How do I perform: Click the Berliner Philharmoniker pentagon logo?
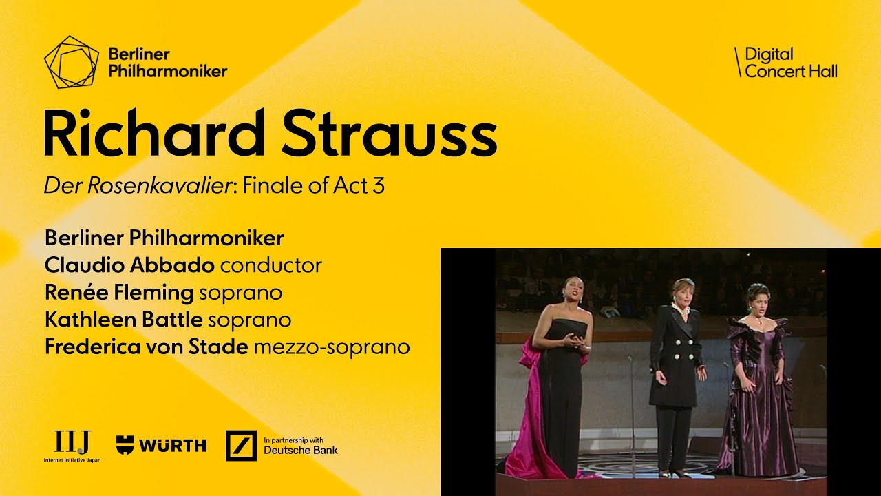[x=72, y=62]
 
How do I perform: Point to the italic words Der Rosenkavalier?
[x=137, y=186]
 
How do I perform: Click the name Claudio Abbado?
[x=129, y=265]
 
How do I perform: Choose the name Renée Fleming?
[x=119, y=292]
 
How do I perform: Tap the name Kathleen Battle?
[x=123, y=320]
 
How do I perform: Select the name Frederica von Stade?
[x=146, y=347]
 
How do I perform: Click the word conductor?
[x=271, y=265]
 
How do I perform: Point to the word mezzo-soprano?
[x=332, y=347]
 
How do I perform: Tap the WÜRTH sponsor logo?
[x=161, y=446]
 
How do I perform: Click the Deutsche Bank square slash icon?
[x=241, y=446]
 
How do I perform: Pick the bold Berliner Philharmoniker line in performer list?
[x=164, y=238]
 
